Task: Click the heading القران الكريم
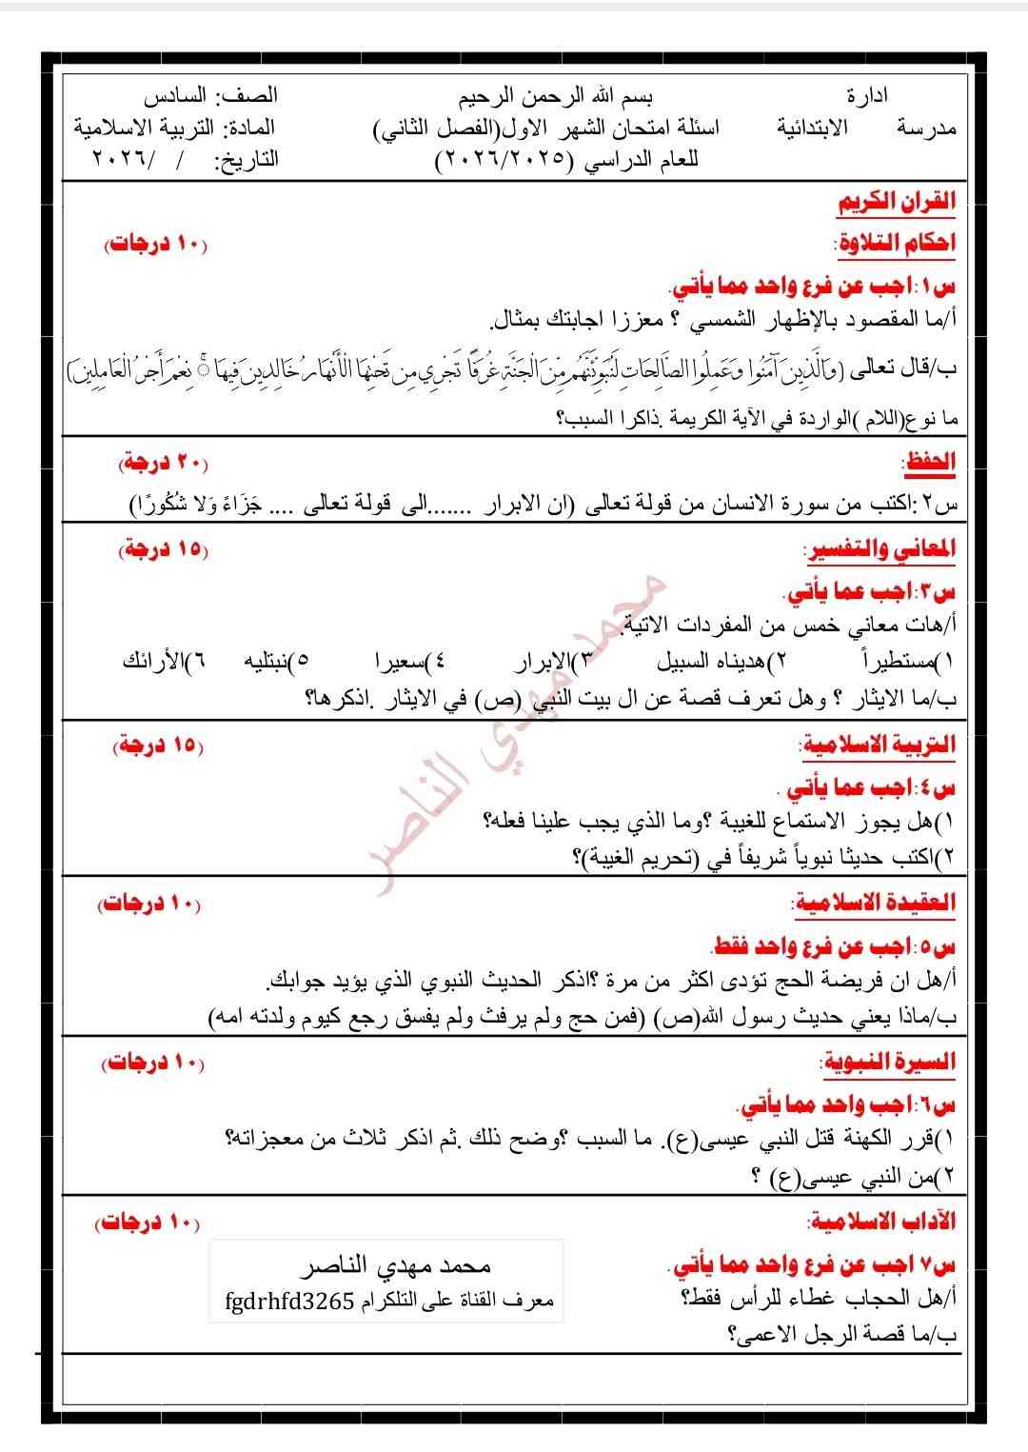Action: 896,203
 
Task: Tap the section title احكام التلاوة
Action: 895,244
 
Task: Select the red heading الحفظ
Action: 928,463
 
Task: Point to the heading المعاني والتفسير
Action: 880,550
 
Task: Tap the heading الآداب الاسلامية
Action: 882,1222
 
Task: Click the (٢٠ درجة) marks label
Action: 163,463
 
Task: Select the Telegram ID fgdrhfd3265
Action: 289,1301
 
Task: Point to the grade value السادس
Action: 175,96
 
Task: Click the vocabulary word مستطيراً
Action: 895,661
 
